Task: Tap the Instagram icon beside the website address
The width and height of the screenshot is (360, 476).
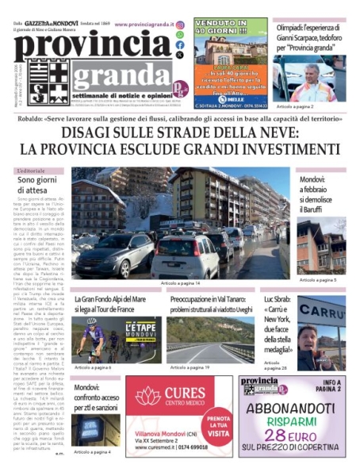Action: pos(180,25)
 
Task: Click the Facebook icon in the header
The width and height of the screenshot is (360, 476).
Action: pos(180,45)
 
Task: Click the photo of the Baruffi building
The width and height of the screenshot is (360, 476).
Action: pos(321,247)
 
